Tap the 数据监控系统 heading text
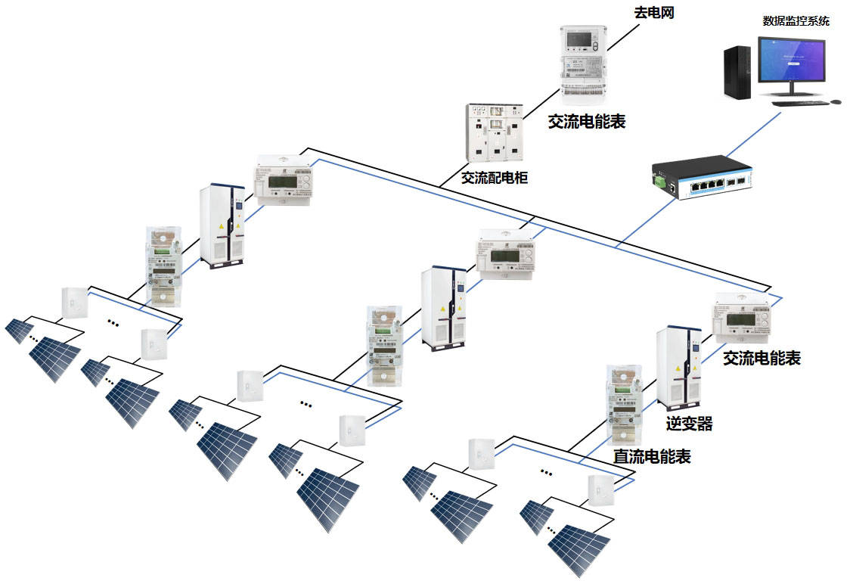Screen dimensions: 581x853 coord(796,20)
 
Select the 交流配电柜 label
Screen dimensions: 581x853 coord(495,179)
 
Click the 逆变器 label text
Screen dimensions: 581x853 coord(689,424)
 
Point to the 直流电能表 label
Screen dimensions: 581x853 coord(651,456)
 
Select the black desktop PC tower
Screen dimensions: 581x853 coord(737,73)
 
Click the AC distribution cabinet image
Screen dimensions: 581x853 coord(495,132)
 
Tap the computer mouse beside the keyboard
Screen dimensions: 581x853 coord(836,101)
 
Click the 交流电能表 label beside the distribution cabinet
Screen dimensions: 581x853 coord(587,121)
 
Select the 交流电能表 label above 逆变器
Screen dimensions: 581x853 coord(761,358)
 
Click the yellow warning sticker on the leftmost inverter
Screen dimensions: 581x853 coord(221,226)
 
